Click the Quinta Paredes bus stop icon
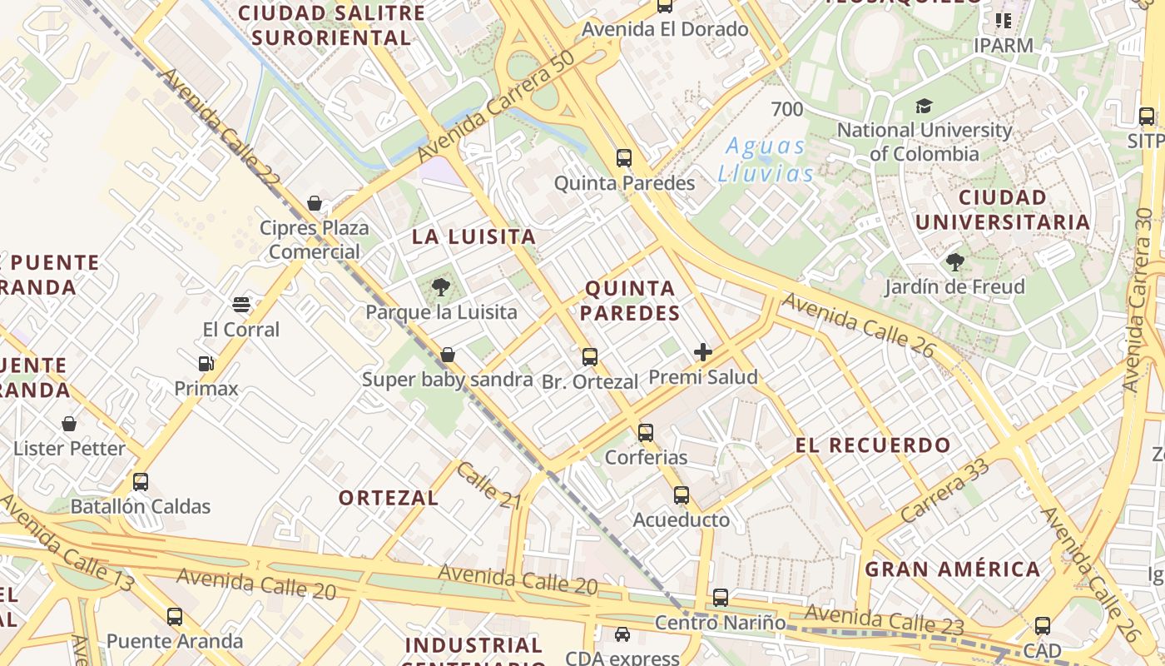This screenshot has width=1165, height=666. pyautogui.click(x=623, y=157)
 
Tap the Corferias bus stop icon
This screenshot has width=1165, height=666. pyautogui.click(x=646, y=433)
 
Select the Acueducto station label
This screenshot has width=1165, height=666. pyautogui.click(x=681, y=520)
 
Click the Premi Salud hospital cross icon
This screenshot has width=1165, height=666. pyautogui.click(x=703, y=352)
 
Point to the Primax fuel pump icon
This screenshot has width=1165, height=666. pyautogui.click(x=206, y=363)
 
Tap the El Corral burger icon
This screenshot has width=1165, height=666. pyautogui.click(x=241, y=304)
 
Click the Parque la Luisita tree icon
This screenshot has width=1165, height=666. pyautogui.click(x=441, y=288)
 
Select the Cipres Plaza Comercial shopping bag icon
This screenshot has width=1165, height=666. pyautogui.click(x=315, y=203)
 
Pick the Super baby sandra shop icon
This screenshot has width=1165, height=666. pyautogui.click(x=448, y=355)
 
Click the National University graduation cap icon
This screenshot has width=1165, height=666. pyautogui.click(x=924, y=106)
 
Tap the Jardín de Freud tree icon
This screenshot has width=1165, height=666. pyautogui.click(x=954, y=262)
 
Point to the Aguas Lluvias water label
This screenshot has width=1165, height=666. pyautogui.click(x=766, y=160)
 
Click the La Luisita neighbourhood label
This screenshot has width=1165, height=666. pyautogui.click(x=473, y=236)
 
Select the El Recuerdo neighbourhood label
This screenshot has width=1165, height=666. pyautogui.click(x=873, y=445)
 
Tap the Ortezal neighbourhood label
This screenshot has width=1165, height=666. pyautogui.click(x=388, y=498)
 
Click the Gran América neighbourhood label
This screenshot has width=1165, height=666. pyautogui.click(x=953, y=569)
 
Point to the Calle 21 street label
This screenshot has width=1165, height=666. pyautogui.click(x=488, y=485)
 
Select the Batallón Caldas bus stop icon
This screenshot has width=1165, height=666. pyautogui.click(x=141, y=481)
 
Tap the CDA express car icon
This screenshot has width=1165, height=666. pyautogui.click(x=622, y=634)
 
